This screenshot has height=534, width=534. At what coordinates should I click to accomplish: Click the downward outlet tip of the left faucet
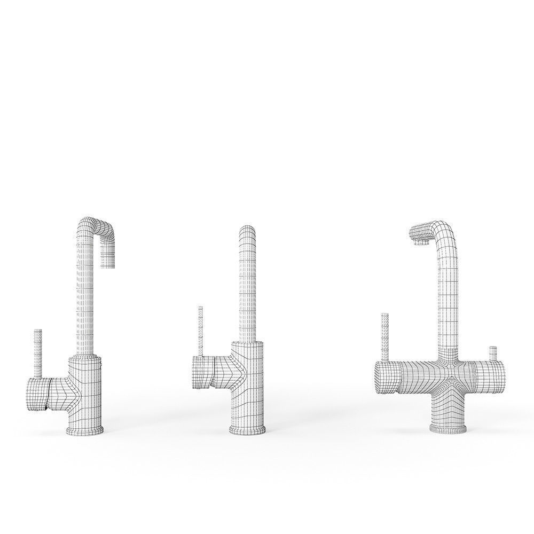tap(108, 263)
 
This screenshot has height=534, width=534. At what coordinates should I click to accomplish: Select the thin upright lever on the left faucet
tap(38, 352)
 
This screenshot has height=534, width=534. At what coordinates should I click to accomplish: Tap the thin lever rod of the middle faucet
tap(200, 331)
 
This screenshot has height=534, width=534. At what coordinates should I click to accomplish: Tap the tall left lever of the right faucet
tap(384, 336)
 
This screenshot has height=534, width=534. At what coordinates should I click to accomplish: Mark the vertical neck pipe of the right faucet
tap(449, 299)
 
